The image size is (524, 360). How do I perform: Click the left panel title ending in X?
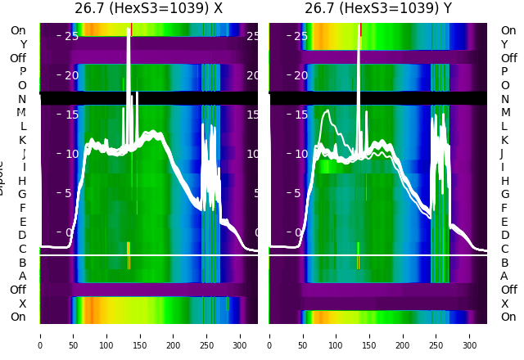148,9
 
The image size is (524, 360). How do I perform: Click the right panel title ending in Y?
378,9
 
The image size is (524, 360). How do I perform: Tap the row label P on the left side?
22,72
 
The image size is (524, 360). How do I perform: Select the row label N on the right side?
504,99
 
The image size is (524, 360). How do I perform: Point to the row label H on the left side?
22,181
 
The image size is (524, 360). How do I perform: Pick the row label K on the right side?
504,140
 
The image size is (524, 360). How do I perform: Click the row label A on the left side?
22,277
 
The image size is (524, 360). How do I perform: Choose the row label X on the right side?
504,304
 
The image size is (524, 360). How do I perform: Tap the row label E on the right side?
504,222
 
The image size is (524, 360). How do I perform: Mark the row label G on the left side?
22,195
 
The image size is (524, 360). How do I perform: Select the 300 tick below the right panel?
470,335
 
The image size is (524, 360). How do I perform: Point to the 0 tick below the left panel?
40,335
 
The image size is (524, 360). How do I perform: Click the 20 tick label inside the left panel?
71,75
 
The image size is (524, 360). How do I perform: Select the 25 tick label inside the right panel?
300,36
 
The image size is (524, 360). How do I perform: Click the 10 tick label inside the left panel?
71,154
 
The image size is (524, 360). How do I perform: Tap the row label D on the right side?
504,236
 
